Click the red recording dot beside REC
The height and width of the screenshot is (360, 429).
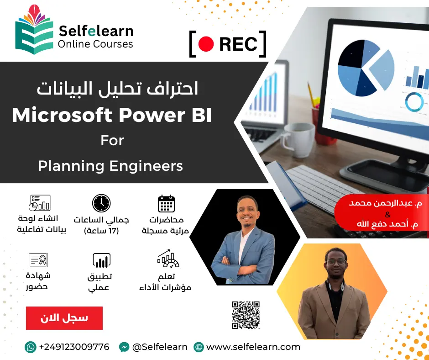point(206,44)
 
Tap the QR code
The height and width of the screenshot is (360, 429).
point(246,315)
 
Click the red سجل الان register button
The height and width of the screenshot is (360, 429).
point(64,318)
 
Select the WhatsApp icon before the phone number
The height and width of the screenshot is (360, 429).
point(31,347)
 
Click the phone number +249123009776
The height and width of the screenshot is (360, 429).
point(74,347)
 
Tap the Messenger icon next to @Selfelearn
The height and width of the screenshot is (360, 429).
point(124,347)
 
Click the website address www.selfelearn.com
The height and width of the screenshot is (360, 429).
point(253,347)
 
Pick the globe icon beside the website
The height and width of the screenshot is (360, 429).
point(199,347)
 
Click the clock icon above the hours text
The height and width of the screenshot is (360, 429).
point(101,203)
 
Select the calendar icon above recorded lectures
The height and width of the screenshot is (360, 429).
point(166,204)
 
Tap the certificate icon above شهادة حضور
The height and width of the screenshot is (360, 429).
point(38,260)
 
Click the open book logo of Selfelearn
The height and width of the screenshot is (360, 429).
point(34,30)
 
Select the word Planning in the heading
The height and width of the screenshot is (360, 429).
point(71,166)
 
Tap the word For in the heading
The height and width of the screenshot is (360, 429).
point(112,140)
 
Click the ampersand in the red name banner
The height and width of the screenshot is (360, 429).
point(387,214)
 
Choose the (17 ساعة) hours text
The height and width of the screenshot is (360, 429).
point(101,231)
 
